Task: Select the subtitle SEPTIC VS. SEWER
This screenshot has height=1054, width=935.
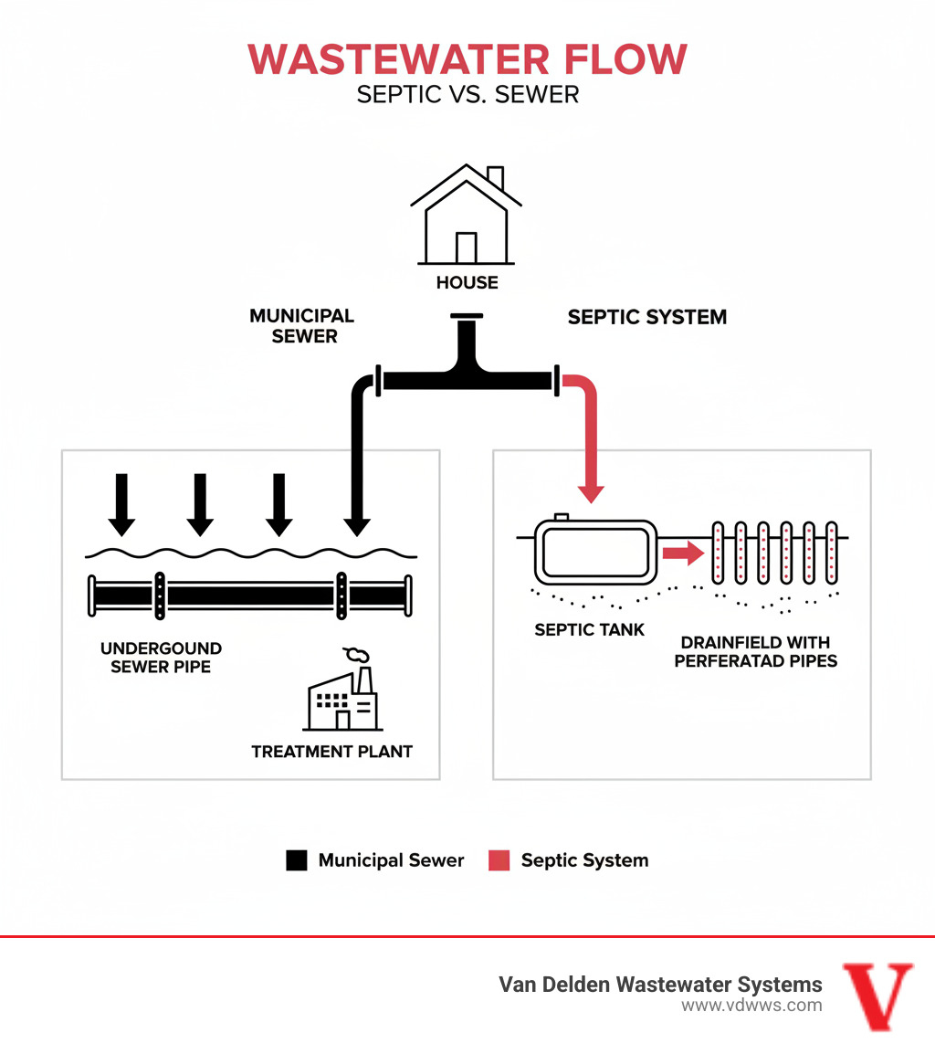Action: pos(467,94)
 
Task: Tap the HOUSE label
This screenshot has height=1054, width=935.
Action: pos(467,283)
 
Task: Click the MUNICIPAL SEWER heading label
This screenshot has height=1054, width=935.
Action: pos(302,326)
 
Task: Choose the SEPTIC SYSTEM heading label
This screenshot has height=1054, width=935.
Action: pos(646,318)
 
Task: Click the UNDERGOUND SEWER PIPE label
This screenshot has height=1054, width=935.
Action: pos(161,658)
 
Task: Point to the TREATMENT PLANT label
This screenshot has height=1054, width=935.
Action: pos(332,752)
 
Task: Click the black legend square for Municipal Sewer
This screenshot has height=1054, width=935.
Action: pos(296,860)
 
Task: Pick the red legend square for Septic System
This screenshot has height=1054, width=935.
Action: pos(499,860)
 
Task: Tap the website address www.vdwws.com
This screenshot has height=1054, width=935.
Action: pos(751,1006)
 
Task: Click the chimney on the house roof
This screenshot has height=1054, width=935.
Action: pos(495,177)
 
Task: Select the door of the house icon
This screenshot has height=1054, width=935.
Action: pos(467,248)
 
